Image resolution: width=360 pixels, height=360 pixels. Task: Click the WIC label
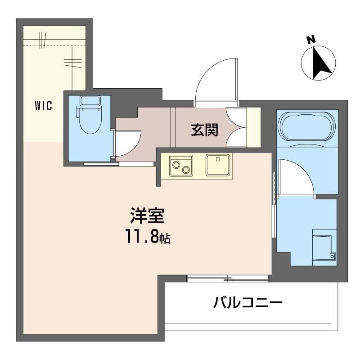coord(44,106)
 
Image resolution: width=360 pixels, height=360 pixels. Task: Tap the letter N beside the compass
coord(310,40)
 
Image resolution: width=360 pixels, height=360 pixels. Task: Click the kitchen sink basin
coord(218,165)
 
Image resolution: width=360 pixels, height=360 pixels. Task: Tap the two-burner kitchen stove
coord(181,165)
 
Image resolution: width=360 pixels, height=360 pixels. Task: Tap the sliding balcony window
coord(228,278)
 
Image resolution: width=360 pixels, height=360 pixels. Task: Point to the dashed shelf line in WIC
coord(54,45)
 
